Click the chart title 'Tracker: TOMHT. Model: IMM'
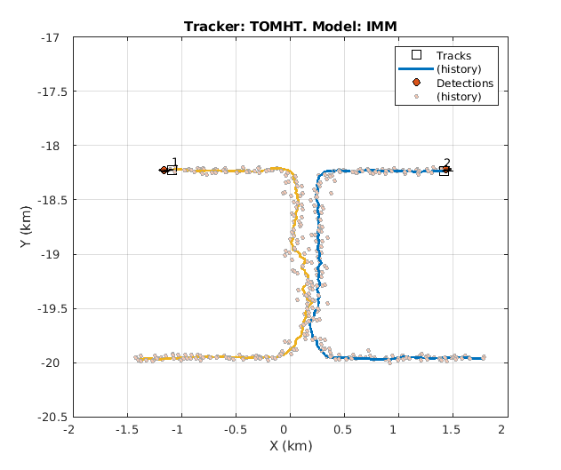[290, 26]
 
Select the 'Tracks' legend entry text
[453, 56]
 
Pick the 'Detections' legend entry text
[464, 84]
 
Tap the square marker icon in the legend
[415, 56]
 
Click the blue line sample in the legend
[415, 69]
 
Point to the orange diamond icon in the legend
[415, 84]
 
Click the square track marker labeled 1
[172, 170]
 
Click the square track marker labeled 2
[444, 170]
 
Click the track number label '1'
[174, 163]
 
